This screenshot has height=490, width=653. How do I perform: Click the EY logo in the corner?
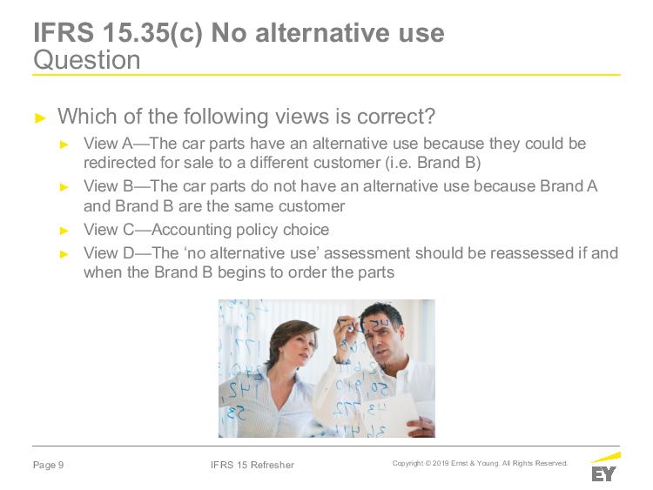605,467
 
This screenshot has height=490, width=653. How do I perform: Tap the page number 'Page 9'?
48,465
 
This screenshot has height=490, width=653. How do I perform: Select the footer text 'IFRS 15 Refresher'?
252,465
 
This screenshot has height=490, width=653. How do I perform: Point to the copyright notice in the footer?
480,463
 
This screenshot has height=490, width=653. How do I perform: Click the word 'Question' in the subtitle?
86,60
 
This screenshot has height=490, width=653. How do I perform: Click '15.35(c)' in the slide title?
152,32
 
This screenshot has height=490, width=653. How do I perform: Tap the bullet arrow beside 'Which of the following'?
40,117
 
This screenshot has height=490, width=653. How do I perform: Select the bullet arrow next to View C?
64,231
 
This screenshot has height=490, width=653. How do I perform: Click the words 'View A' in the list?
108,144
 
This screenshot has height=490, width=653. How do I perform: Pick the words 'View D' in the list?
108,253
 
